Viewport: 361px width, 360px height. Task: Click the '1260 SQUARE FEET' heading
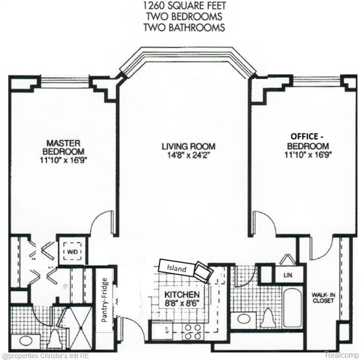click(184, 6)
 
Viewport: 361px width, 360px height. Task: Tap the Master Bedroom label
click(64, 148)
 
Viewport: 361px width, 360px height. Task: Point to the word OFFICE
click(304, 136)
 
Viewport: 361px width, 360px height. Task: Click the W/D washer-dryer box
click(72, 251)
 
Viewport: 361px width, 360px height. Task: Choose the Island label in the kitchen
click(177, 268)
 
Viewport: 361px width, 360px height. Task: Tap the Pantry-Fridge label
click(104, 300)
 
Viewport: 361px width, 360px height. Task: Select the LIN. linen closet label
click(288, 275)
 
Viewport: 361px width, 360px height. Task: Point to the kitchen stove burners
click(193, 331)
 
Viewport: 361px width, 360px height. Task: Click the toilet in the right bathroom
click(267, 318)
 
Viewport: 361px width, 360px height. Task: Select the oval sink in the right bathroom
click(244, 319)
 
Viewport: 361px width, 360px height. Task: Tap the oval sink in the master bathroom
click(24, 341)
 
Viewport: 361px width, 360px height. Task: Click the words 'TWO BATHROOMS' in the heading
click(184, 28)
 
